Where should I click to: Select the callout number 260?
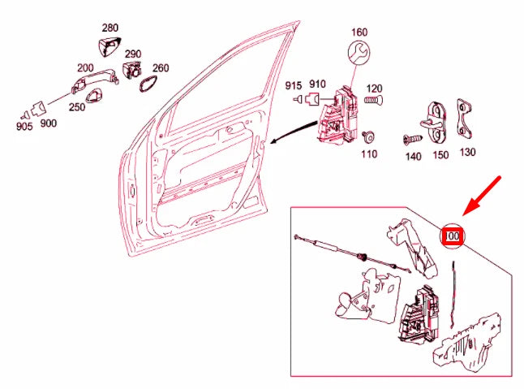161,68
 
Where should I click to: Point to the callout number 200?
84,68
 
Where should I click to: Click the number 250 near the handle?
76,107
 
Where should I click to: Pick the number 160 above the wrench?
359,32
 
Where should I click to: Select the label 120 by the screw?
374,88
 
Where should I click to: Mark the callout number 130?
467,152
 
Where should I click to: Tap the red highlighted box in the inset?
451,236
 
